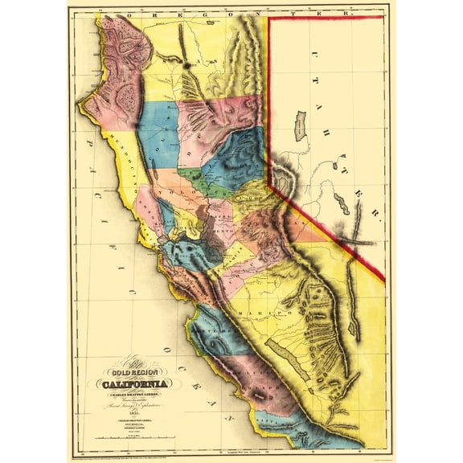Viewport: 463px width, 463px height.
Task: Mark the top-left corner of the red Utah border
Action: click(x=268, y=18)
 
